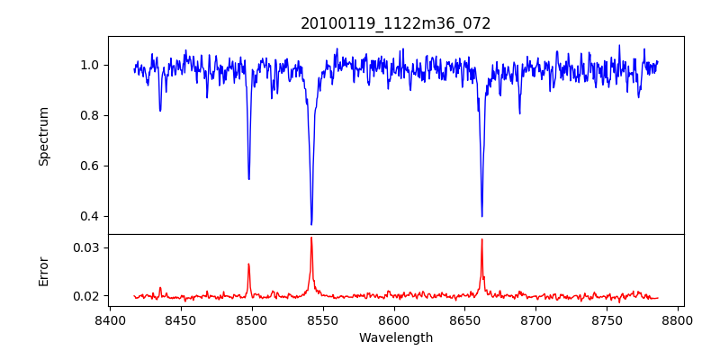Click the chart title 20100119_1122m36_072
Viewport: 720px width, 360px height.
pyautogui.click(x=396, y=23)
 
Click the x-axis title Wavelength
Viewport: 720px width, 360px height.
pyautogui.click(x=396, y=337)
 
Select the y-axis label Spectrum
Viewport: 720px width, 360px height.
pyautogui.click(x=44, y=136)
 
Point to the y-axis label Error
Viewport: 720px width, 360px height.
pyautogui.click(x=44, y=271)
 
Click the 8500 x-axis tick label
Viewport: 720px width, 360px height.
pyautogui.click(x=252, y=319)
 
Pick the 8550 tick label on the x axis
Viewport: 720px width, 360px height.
pyautogui.click(x=323, y=319)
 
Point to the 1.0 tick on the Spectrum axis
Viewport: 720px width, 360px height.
pyautogui.click(x=90, y=65)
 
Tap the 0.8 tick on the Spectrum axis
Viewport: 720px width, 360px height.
pyautogui.click(x=90, y=115)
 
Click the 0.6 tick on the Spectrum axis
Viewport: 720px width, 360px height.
pyautogui.click(x=90, y=166)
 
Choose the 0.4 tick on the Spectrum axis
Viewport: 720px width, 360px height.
pyautogui.click(x=90, y=216)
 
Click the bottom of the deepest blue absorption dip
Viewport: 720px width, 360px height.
pyautogui.click(x=311, y=224)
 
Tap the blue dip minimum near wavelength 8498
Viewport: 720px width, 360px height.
pyautogui.click(x=249, y=178)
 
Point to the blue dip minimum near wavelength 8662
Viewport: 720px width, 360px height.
pyautogui.click(x=481, y=216)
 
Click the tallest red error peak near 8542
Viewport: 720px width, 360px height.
pyautogui.click(x=311, y=238)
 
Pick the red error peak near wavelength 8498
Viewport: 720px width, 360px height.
pyautogui.click(x=249, y=264)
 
